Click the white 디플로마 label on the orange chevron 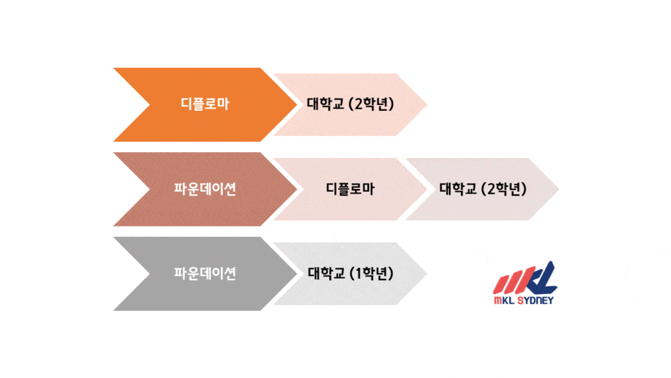pyautogui.click(x=205, y=104)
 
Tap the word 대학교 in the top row pyautogui.click(x=325, y=104)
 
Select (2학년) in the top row pyautogui.click(x=372, y=104)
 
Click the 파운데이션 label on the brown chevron pyautogui.click(x=205, y=188)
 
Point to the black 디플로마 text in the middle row pyautogui.click(x=350, y=188)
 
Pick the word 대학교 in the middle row pyautogui.click(x=458, y=188)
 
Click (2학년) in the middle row pyautogui.click(x=504, y=188)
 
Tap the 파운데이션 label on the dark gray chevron pyautogui.click(x=205, y=273)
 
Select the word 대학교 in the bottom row pyautogui.click(x=326, y=273)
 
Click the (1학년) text pyautogui.click(x=372, y=273)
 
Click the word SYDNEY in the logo pyautogui.click(x=535, y=301)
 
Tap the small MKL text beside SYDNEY pyautogui.click(x=505, y=301)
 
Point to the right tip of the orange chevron pyautogui.click(x=297, y=104)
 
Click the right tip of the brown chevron pyautogui.click(x=297, y=189)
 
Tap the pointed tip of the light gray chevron pyautogui.click(x=427, y=274)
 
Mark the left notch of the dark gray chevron pyautogui.click(x=150, y=274)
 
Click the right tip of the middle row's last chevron pyautogui.click(x=560, y=189)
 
